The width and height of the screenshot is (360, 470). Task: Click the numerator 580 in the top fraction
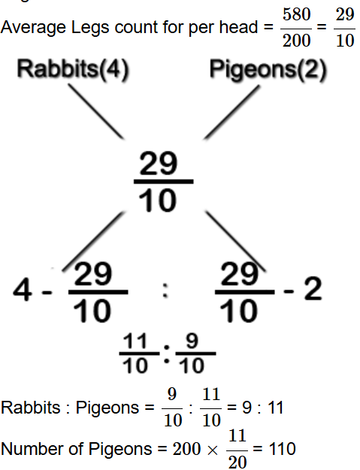pyautogui.click(x=296, y=14)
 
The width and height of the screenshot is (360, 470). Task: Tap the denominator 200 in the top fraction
pyautogui.click(x=296, y=40)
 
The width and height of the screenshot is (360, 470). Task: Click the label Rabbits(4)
pyautogui.click(x=73, y=70)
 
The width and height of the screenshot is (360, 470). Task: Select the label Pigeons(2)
pyautogui.click(x=268, y=70)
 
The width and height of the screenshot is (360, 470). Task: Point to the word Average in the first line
pyautogui.click(x=33, y=28)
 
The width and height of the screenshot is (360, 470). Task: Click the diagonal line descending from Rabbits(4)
pyautogui.click(x=96, y=111)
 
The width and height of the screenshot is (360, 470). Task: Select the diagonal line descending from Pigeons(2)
pyautogui.click(x=232, y=112)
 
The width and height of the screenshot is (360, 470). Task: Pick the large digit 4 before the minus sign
pyautogui.click(x=23, y=289)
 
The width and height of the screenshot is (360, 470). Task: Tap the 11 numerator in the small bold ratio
pyautogui.click(x=135, y=341)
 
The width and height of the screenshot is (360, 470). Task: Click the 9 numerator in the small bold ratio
pyautogui.click(x=192, y=341)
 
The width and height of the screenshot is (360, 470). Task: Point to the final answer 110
pyautogui.click(x=282, y=449)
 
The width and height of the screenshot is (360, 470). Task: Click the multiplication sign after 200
pyautogui.click(x=212, y=450)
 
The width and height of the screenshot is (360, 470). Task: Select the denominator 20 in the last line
pyautogui.click(x=237, y=462)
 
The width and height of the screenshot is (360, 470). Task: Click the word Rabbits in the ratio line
pyautogui.click(x=31, y=408)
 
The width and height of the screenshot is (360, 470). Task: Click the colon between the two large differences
pyautogui.click(x=165, y=290)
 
